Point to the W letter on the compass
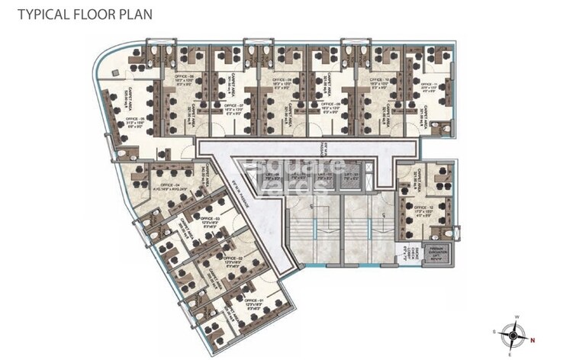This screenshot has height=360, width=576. click(x=516, y=317)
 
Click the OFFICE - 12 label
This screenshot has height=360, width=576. click(x=424, y=207)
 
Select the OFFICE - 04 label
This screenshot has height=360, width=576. click(x=165, y=185)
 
